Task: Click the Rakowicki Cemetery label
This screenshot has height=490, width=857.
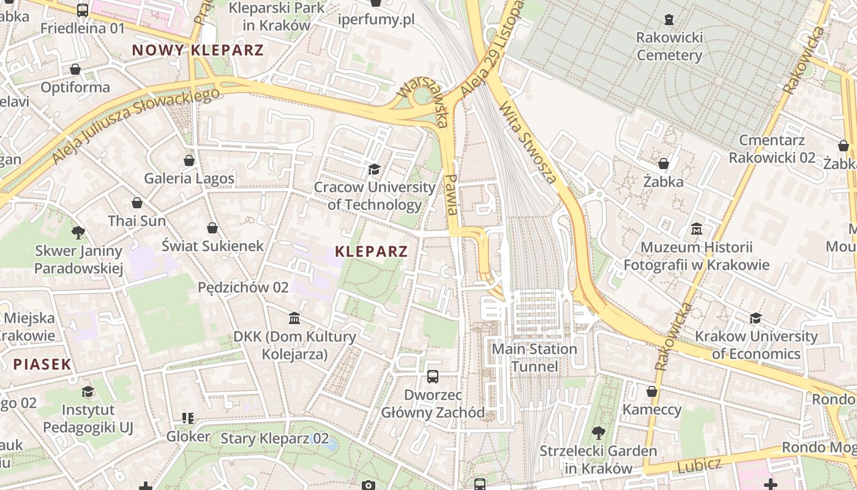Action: [x=669, y=47]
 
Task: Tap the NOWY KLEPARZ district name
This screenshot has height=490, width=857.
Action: [x=198, y=50]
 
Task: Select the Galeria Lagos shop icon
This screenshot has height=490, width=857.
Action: [x=189, y=160]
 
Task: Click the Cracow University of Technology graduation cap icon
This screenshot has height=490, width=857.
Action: [x=373, y=169]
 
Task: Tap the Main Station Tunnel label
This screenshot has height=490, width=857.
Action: [x=534, y=358]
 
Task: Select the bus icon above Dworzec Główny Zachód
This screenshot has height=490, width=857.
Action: [x=433, y=376]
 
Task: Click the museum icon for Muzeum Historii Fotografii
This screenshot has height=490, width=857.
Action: [x=696, y=229]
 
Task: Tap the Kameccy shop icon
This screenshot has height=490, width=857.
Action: [x=652, y=391]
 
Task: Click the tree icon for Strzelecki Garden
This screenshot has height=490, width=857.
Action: [x=598, y=433]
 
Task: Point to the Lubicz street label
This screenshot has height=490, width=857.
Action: [x=700, y=466]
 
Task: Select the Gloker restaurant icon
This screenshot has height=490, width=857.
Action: [x=188, y=418]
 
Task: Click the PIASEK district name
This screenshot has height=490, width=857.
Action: [x=42, y=364]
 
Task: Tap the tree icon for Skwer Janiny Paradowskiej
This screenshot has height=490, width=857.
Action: [x=78, y=232]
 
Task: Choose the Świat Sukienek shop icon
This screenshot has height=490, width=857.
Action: [x=212, y=228]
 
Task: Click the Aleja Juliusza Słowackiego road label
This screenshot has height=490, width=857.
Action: [x=136, y=126]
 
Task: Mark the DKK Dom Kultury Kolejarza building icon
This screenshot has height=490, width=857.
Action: [x=294, y=318]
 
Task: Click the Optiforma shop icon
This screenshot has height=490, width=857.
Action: [x=75, y=69]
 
